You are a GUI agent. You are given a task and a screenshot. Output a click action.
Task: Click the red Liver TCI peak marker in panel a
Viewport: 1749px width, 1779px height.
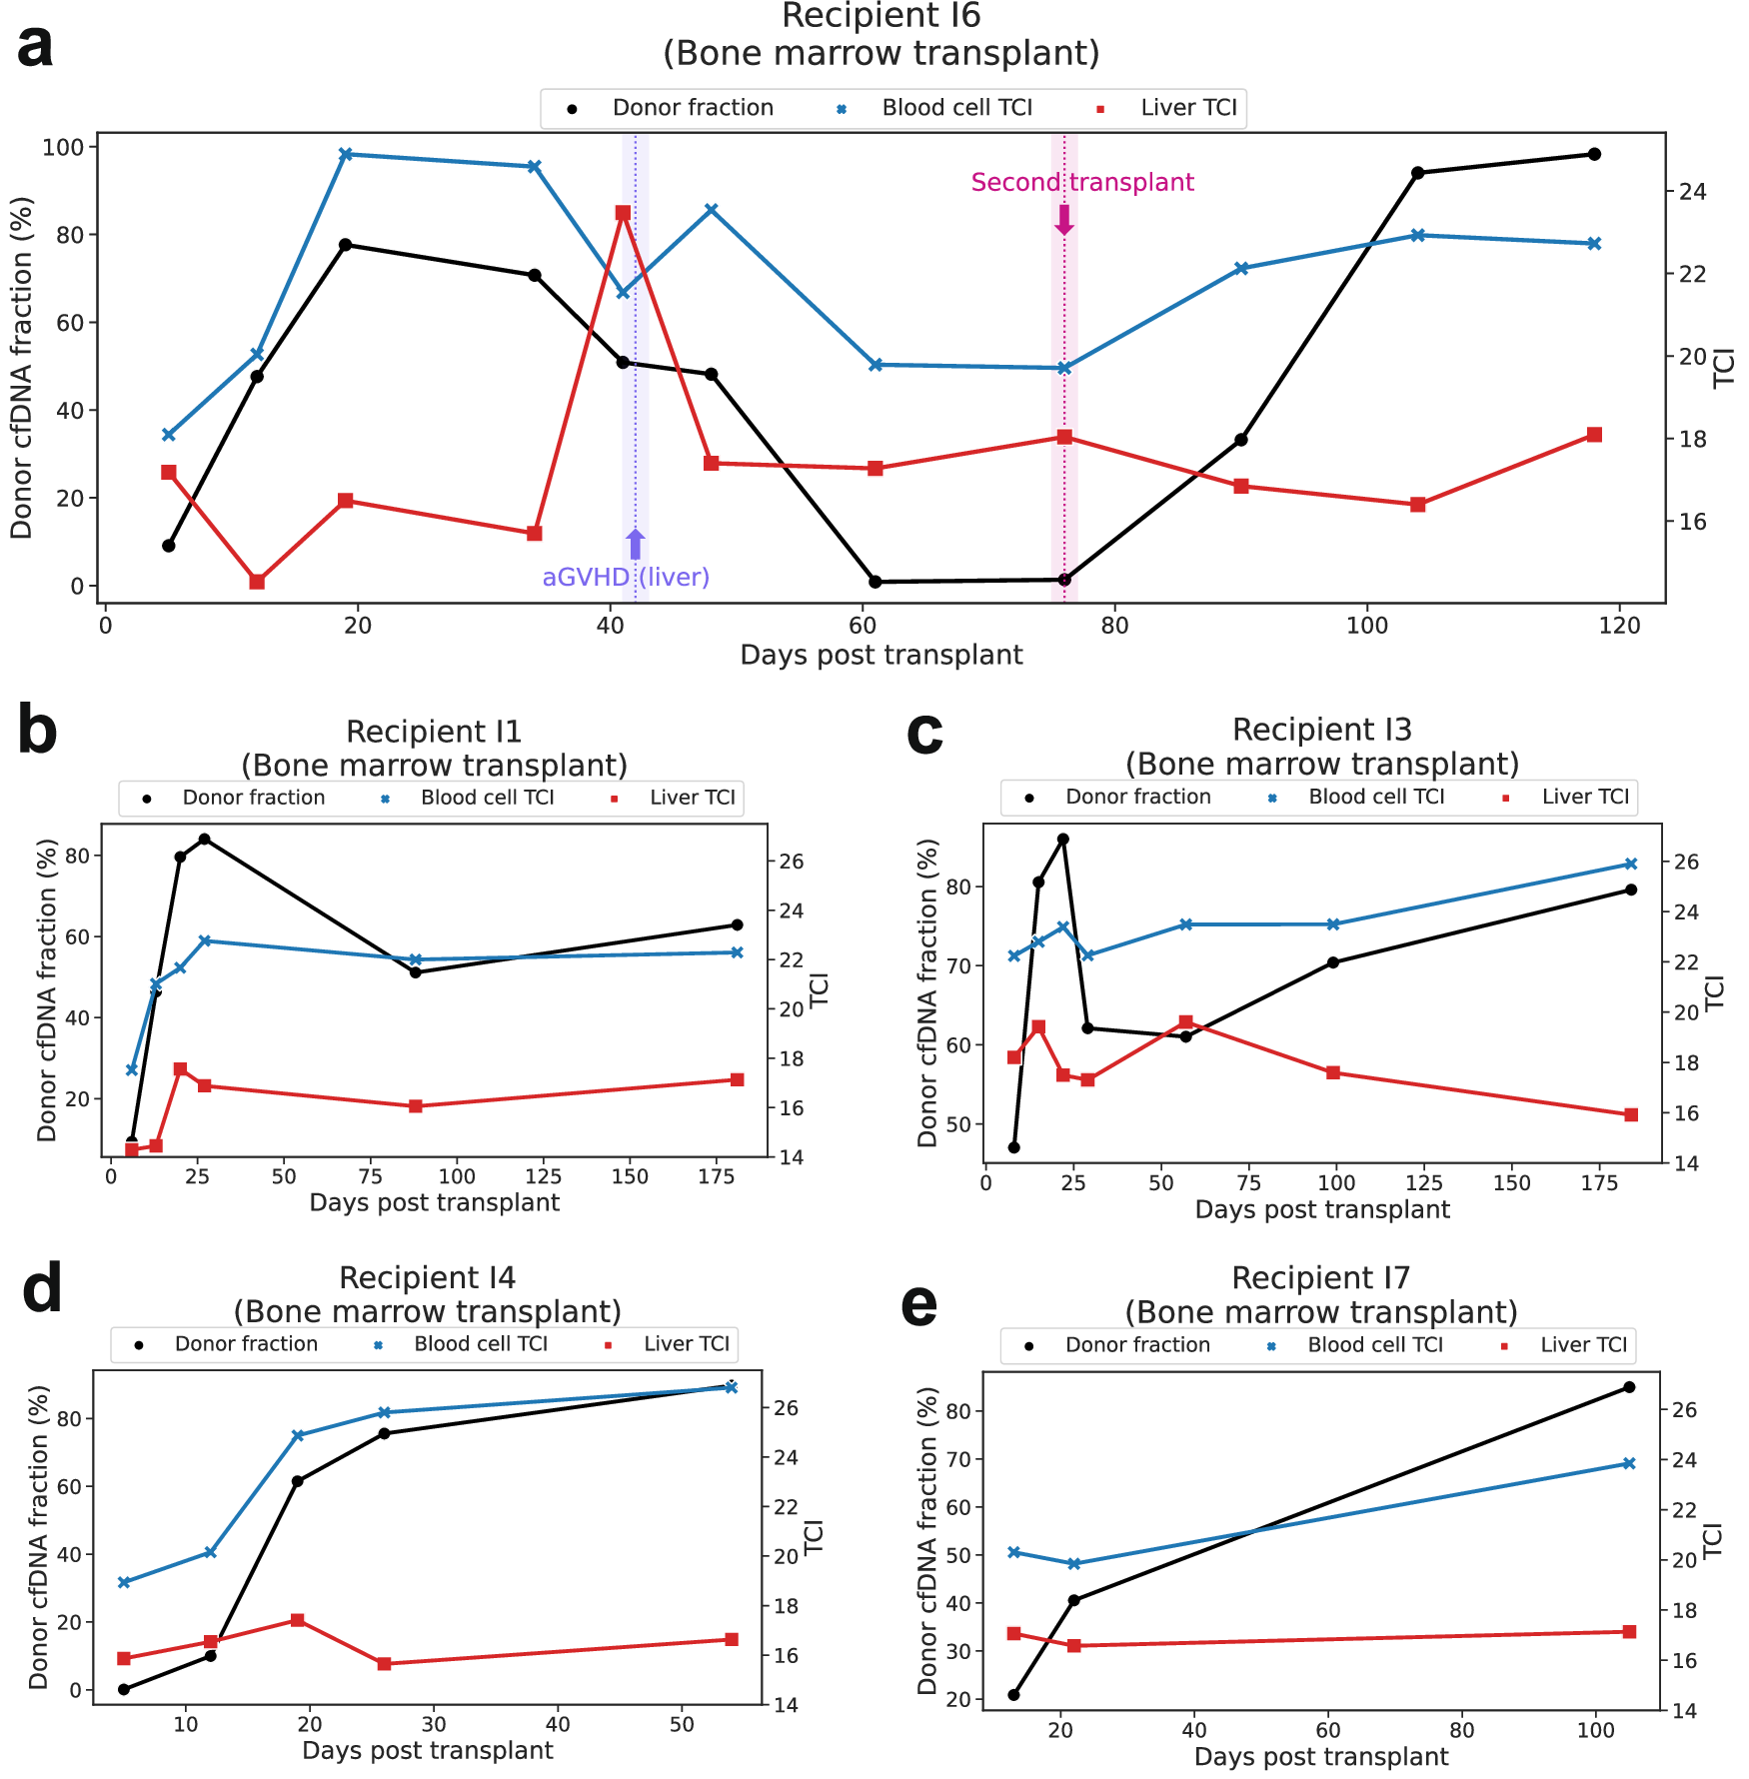623,213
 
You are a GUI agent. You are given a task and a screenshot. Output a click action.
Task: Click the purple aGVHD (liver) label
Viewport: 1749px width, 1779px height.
626,577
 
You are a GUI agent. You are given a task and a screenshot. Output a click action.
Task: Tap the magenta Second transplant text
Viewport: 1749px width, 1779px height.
1082,182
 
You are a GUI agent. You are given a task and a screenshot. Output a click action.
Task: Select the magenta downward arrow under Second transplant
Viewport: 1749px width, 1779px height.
1064,220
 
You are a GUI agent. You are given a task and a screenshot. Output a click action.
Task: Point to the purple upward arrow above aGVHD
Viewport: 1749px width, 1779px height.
636,545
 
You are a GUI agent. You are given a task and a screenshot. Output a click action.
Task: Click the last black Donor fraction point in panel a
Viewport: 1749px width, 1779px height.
1594,154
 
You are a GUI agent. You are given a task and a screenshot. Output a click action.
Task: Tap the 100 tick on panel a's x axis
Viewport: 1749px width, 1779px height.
1366,626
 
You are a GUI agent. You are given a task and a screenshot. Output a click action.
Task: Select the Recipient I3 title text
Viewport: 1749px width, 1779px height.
1321,730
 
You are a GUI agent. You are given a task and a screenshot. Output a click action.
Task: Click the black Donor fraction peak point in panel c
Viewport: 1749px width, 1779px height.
1063,840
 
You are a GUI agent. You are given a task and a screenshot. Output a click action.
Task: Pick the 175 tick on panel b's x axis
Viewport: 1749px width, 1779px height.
717,1177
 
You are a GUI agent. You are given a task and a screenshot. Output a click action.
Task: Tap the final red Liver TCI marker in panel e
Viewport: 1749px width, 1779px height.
1629,1631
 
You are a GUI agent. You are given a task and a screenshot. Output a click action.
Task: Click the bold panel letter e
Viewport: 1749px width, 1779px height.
918,1305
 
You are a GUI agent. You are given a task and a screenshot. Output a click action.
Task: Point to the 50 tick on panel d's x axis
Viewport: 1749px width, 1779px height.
682,1724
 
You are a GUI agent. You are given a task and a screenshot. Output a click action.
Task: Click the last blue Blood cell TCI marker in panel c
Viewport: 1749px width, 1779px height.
1631,864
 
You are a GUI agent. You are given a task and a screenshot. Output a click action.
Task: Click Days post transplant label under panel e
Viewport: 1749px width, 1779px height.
1321,1756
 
